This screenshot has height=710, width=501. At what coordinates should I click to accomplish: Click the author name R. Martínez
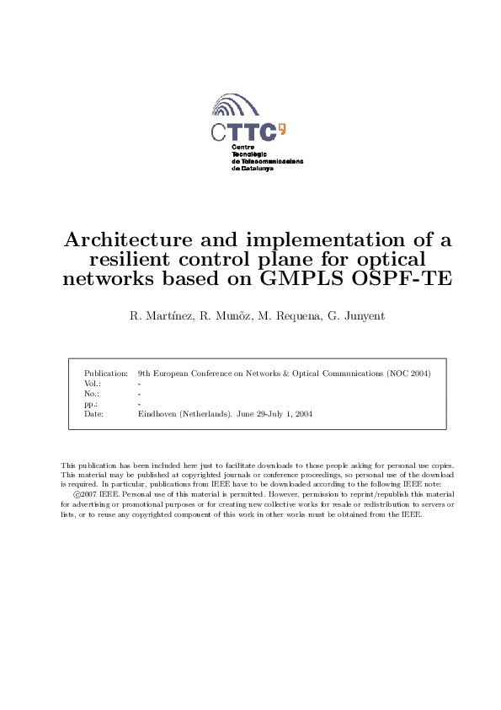click(x=157, y=316)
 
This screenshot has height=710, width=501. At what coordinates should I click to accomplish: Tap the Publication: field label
click(x=106, y=373)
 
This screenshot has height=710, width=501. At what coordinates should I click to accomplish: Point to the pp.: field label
click(x=91, y=404)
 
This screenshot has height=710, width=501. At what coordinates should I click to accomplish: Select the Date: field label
click(x=93, y=414)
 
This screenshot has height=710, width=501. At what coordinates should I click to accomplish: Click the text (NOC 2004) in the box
click(x=408, y=373)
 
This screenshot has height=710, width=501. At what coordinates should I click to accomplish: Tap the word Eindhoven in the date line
click(x=156, y=414)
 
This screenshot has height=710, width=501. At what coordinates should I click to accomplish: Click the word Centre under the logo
click(x=243, y=148)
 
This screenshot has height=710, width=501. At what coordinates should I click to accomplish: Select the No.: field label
click(x=93, y=393)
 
